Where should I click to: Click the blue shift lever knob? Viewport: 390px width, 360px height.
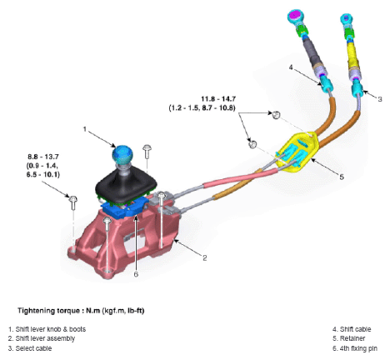122,154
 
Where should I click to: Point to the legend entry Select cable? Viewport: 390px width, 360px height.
36,347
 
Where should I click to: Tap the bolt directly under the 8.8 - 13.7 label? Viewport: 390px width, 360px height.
72,199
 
